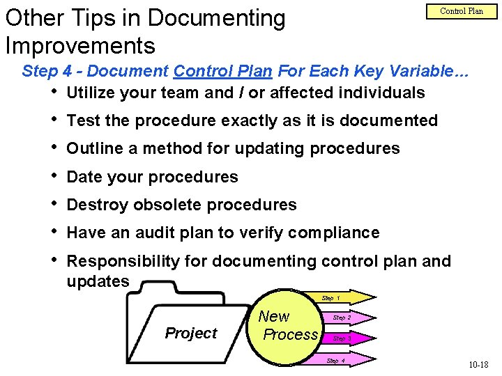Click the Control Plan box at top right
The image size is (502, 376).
point(462,12)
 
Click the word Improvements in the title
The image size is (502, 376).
point(79,45)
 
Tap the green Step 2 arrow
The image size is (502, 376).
point(342,318)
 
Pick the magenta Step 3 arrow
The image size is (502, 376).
point(342,338)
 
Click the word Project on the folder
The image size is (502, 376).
point(191,333)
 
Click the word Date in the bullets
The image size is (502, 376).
point(84,177)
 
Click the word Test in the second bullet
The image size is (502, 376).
point(84,120)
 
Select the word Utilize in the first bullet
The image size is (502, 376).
point(92,93)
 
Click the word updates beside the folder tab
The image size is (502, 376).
point(98,281)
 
